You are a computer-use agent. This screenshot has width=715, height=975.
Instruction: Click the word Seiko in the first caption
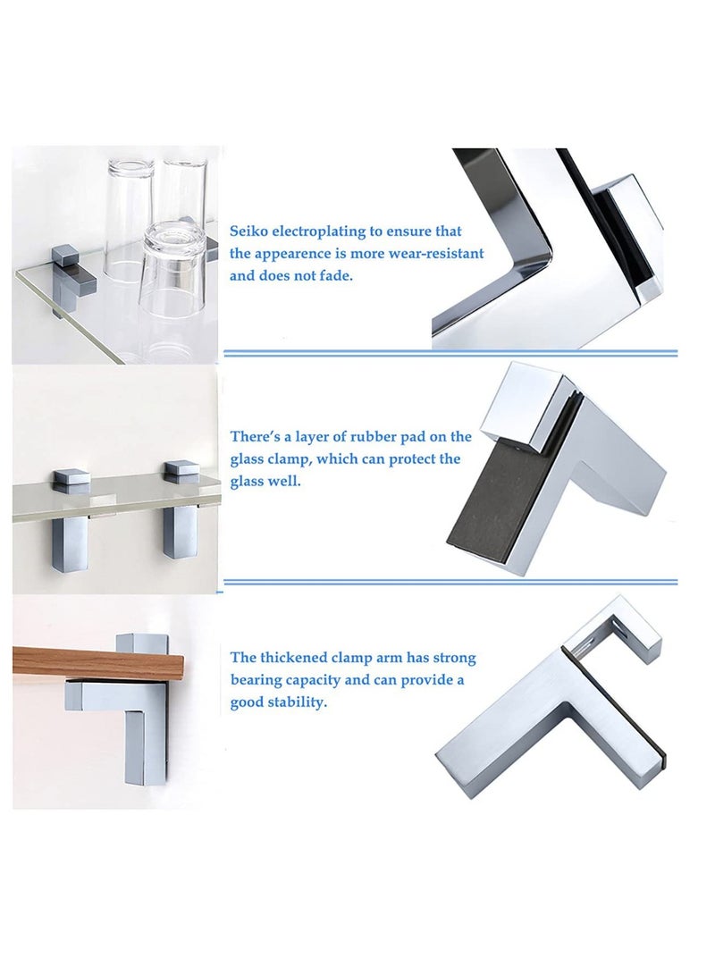pyautogui.click(x=248, y=231)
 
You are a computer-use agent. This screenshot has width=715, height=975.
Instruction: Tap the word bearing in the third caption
pyautogui.click(x=256, y=680)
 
